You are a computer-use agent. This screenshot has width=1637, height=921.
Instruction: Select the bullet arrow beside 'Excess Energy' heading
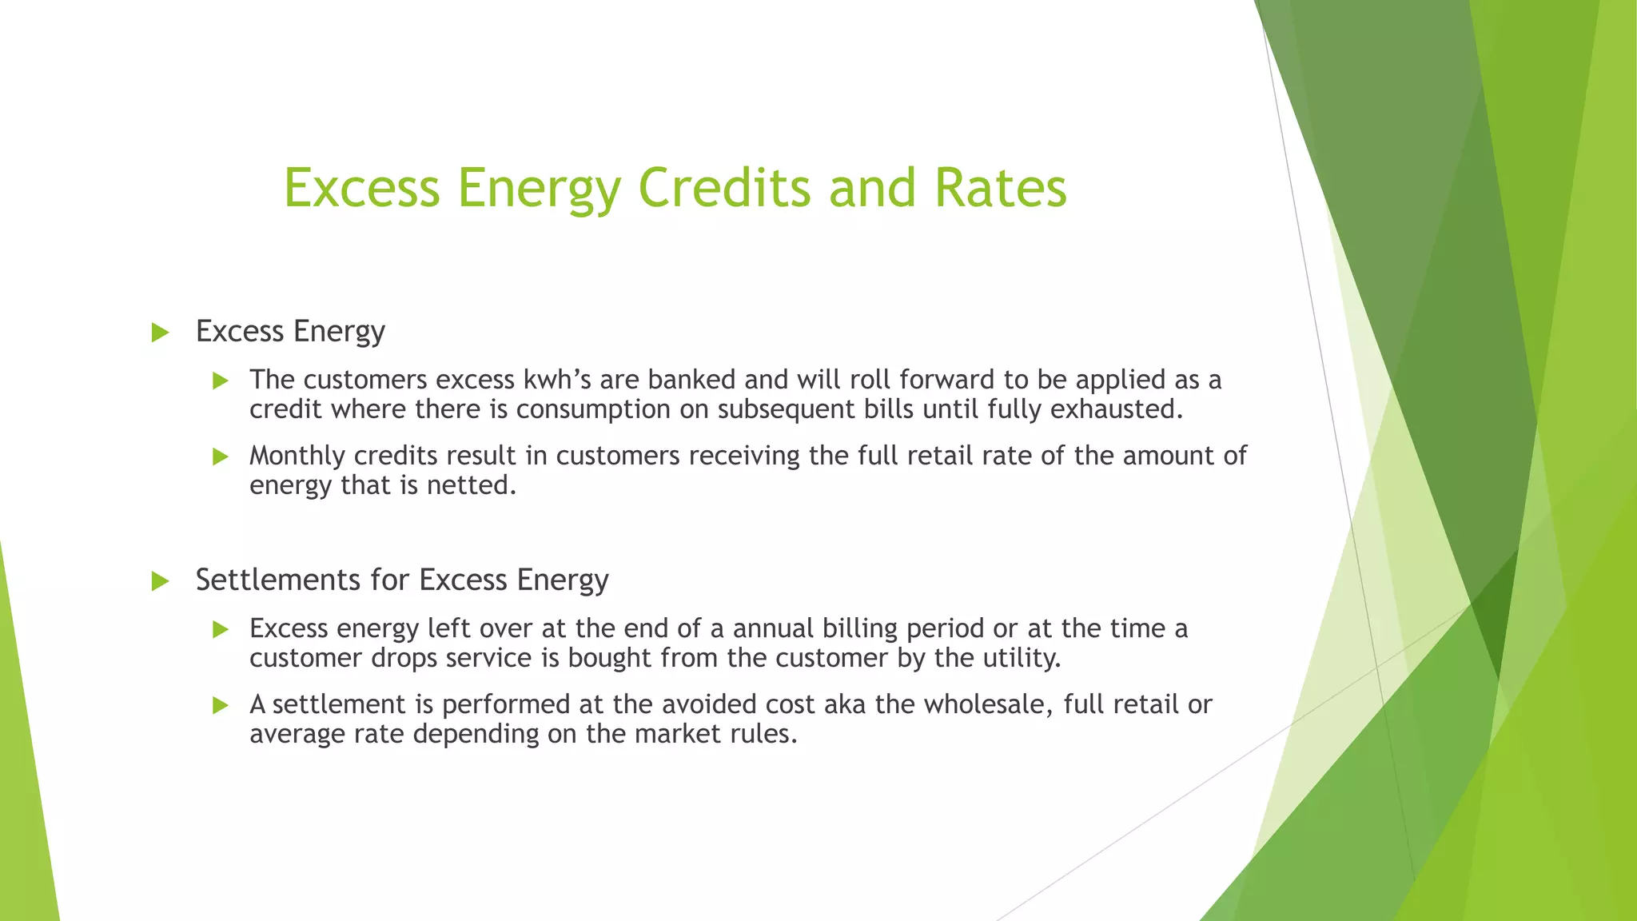160,333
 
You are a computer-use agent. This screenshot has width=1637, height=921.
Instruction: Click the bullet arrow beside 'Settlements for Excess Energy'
160,581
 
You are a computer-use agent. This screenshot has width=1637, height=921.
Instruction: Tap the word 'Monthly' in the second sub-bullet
297,457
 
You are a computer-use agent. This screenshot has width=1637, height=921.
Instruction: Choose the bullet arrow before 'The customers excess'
221,381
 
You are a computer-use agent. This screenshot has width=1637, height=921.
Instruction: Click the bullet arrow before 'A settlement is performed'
221,706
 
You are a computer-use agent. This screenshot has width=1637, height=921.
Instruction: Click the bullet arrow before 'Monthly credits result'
221,457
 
